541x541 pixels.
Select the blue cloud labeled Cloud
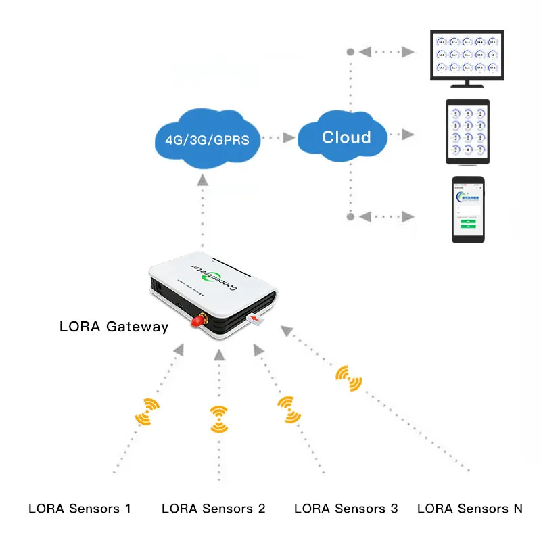[x=346, y=137]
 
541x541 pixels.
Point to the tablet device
[x=467, y=132]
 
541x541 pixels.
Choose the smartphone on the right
[x=468, y=210]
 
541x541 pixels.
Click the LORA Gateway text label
[x=114, y=327]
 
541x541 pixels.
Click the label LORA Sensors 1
[x=80, y=509]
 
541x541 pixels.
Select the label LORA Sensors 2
[x=214, y=509]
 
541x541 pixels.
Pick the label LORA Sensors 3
[x=346, y=509]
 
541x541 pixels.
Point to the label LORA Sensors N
[x=470, y=509]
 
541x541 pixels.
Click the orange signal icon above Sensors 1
[x=147, y=411]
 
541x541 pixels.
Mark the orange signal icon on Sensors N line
[x=348, y=379]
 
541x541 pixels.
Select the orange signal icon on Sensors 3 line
[x=289, y=410]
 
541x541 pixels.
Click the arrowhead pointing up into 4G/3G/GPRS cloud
[x=202, y=179]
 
